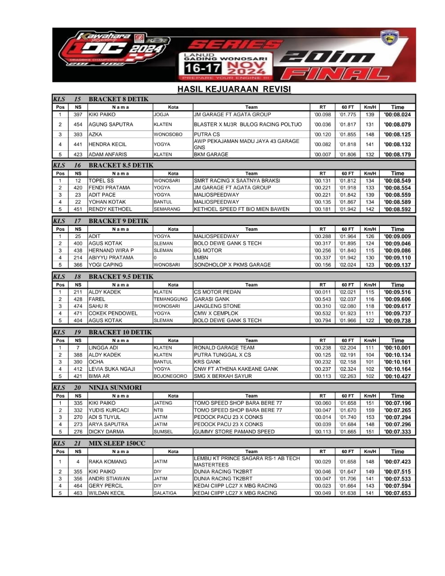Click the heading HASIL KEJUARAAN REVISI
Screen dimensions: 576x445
click(x=234, y=89)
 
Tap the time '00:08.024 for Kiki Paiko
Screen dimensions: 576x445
click(x=397, y=115)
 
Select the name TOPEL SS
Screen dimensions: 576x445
click(x=101, y=180)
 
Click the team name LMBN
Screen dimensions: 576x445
click(x=201, y=258)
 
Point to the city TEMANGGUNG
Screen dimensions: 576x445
click(x=171, y=299)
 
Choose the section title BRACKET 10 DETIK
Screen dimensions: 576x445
click(x=120, y=333)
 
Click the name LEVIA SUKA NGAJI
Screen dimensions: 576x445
click(x=112, y=369)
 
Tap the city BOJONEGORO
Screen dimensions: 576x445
click(x=170, y=376)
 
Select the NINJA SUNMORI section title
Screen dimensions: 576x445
click(x=115, y=388)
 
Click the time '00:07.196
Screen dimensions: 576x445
click(x=397, y=403)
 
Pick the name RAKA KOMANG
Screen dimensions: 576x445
click(x=108, y=462)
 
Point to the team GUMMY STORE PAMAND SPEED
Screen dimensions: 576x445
click(x=234, y=432)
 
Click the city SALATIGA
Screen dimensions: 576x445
click(x=165, y=493)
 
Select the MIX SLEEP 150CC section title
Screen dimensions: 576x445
click(x=117, y=444)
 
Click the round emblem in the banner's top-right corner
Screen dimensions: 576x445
click(x=390, y=39)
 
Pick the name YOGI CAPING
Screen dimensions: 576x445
click(x=106, y=265)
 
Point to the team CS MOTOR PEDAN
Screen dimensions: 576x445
click(x=217, y=292)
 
